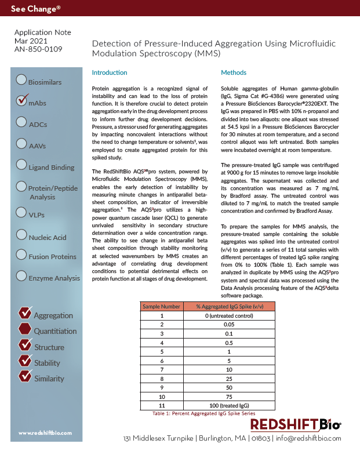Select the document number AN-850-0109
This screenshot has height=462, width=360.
[x=38, y=50]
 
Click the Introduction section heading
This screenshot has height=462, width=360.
[x=110, y=72]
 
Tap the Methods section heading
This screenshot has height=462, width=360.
[x=234, y=72]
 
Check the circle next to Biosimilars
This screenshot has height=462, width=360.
[x=21, y=79]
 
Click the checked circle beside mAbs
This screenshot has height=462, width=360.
[x=21, y=100]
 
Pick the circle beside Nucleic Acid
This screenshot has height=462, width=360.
[x=21, y=234]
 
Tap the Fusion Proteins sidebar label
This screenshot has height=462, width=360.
[x=52, y=257]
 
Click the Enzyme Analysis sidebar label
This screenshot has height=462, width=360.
[x=54, y=278]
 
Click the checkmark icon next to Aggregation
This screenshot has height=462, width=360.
[x=25, y=313]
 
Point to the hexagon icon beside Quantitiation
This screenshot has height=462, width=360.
[x=25, y=329]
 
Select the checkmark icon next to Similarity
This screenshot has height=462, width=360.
[x=25, y=376]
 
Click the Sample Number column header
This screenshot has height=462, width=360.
[x=162, y=305]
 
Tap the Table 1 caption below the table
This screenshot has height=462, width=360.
[x=203, y=414]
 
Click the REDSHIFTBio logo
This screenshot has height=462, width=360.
[x=296, y=425]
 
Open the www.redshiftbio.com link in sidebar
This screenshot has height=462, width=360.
[x=45, y=433]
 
